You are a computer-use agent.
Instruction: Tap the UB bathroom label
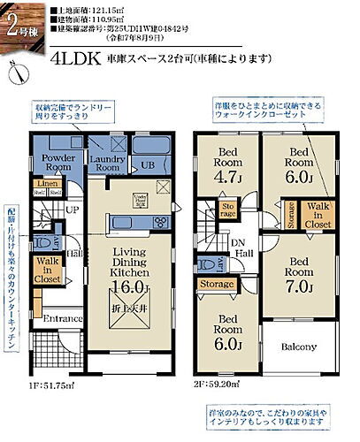149,165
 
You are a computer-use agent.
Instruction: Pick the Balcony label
298,347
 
